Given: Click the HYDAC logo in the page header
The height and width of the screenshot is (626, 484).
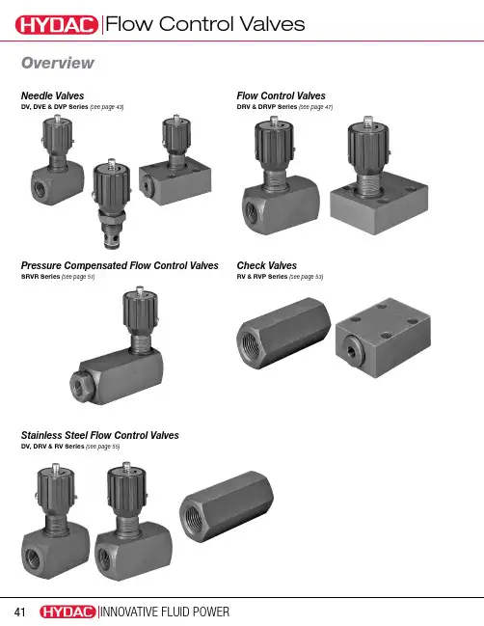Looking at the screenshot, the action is (57, 25).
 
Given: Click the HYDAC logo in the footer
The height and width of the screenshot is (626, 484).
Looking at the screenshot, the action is (67, 612).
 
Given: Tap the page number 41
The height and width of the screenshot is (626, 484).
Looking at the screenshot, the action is (19, 612).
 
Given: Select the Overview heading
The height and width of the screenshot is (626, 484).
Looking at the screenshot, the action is (58, 63).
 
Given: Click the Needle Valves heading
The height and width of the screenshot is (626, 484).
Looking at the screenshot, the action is (52, 95).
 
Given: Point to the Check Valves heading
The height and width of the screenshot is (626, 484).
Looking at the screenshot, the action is (266, 265).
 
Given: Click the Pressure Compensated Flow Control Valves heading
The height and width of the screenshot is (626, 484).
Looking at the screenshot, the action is (120, 265).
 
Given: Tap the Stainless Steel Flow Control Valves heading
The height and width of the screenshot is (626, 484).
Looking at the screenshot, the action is (99, 435).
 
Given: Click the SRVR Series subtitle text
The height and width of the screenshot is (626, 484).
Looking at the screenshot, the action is (40, 276).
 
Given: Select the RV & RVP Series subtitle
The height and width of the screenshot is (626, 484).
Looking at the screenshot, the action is (262, 276).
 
